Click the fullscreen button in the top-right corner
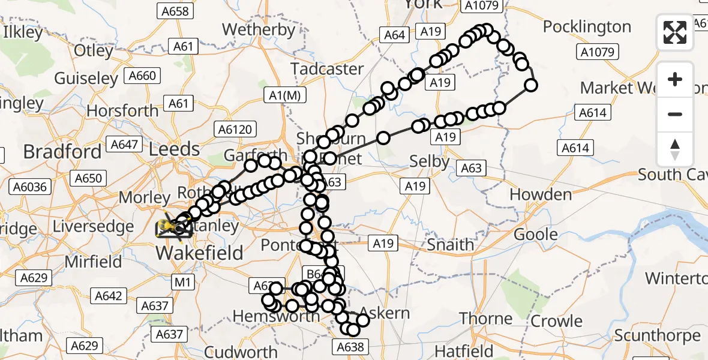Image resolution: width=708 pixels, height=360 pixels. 675,32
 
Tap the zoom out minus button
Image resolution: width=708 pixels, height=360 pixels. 675,114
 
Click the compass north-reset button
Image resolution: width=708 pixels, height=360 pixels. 675,149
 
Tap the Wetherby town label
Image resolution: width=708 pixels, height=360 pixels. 259,29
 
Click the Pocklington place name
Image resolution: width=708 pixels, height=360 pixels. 587,27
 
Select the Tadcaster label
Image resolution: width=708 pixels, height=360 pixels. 328,69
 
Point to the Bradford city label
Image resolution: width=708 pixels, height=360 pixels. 62,152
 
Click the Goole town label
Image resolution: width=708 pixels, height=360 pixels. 536,235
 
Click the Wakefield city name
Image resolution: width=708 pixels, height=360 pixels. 199,253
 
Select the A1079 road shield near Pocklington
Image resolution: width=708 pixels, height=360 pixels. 599,52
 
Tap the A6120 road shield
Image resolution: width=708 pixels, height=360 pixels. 237,129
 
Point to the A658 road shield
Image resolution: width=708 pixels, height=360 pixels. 173,11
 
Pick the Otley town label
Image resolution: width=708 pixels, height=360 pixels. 94,51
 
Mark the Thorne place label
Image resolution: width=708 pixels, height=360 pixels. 487,319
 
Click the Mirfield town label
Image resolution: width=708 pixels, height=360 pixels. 93,262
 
